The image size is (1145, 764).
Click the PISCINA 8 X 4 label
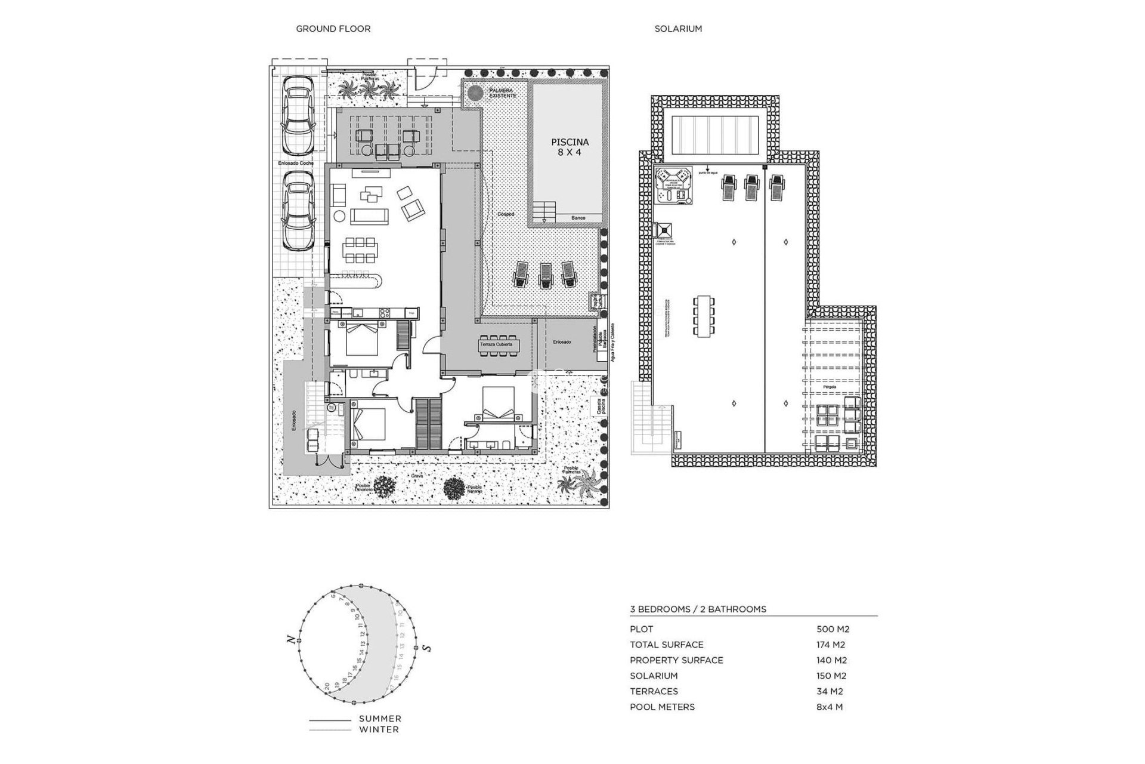tap(570, 147)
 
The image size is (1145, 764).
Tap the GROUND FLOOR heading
tap(333, 29)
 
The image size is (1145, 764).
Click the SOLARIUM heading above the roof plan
tap(678, 29)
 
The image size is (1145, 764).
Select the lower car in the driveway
tap(298, 213)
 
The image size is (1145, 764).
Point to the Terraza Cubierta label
tap(500, 344)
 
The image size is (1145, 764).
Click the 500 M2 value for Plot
tap(833, 629)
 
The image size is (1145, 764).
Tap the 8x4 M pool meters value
tap(830, 707)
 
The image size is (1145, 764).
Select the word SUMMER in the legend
tap(380, 719)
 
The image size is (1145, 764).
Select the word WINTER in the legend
tap(379, 729)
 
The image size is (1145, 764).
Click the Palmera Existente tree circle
tap(475, 94)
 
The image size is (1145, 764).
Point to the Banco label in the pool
tap(578, 218)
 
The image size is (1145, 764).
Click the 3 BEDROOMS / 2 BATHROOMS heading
tap(698, 609)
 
